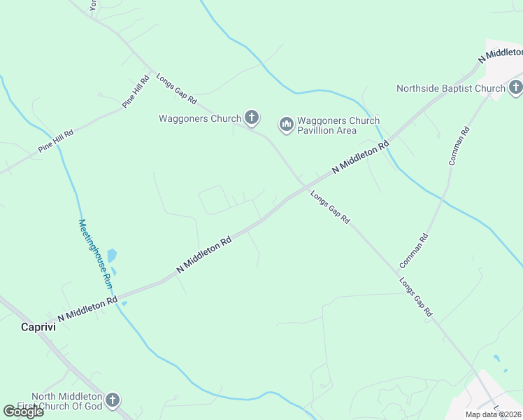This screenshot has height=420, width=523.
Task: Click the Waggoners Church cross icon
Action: point(251,118)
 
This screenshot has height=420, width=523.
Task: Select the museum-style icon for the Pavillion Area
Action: point(286,125)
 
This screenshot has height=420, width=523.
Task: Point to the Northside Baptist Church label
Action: point(450,88)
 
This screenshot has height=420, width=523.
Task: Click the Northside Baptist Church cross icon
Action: point(515,87)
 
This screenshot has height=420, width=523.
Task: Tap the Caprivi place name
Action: point(38,326)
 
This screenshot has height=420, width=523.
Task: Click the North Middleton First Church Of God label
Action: point(66,401)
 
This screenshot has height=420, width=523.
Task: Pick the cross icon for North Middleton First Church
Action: point(113,400)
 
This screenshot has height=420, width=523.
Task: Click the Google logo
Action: point(23,412)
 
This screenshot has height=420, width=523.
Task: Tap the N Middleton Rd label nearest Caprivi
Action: point(87,309)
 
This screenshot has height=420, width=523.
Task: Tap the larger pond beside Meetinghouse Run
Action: point(112,256)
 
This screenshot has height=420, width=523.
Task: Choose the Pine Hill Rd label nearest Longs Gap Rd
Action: point(136,92)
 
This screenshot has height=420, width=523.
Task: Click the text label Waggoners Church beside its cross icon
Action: point(199,118)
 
